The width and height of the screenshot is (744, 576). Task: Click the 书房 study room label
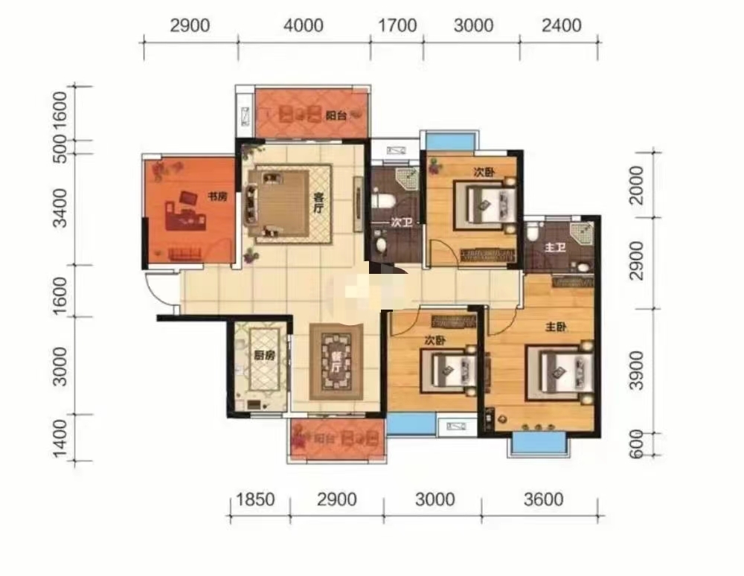pos(217,196)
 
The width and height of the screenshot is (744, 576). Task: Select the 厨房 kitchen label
pos(264,354)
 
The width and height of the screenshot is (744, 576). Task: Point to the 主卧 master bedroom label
pos(556,327)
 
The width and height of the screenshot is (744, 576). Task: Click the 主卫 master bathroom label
pos(555,247)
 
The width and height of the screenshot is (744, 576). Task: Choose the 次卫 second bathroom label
pos(402,222)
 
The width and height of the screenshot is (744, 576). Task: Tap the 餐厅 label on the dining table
pos(336,362)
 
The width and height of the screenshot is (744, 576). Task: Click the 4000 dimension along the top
pos(304,25)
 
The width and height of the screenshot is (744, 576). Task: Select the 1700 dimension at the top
pos(397,25)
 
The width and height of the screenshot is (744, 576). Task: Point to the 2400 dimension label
pos(561,25)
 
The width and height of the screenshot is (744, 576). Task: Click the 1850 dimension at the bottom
pos(255,499)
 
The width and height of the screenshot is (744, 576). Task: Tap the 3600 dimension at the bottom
pos(543,499)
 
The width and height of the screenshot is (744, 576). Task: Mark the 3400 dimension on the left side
pos(60,208)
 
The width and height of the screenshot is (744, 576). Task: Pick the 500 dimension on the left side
pos(60,149)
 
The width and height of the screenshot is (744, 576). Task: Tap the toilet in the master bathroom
pos(533,231)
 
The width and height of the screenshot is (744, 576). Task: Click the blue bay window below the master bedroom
pos(538,442)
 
